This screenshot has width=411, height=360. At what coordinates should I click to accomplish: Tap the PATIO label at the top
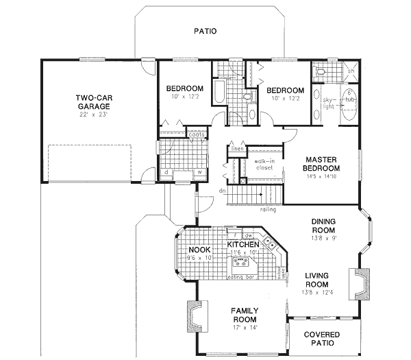tap(205, 31)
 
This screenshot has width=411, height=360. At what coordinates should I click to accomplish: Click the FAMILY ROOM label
tap(243, 315)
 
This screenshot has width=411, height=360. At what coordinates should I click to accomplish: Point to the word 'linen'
tap(237, 148)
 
